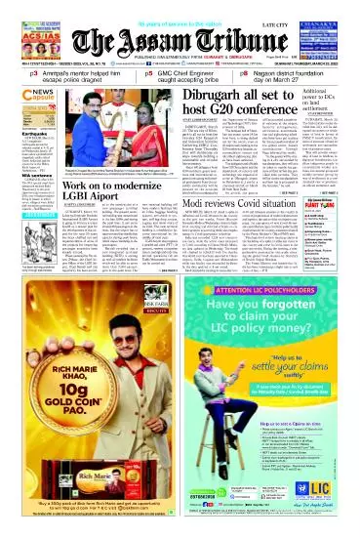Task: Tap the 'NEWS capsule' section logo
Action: (x=23, y=103)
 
